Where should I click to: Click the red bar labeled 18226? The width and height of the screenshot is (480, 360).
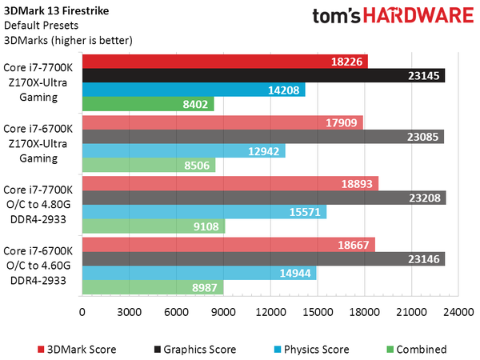224,61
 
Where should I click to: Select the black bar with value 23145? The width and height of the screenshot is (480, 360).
263,75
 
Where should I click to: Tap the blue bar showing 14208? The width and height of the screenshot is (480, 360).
193,90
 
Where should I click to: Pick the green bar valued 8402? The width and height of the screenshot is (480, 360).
147,104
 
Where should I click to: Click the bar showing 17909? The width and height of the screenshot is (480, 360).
222,122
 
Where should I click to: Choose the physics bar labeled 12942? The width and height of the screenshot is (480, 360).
183,151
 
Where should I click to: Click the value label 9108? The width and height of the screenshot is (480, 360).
208,226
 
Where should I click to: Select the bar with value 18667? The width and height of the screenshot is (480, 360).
228,244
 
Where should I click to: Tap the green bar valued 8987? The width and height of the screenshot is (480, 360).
152,287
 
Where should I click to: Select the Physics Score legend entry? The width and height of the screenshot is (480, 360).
312,349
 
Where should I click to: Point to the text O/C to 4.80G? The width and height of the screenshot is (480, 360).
40,203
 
